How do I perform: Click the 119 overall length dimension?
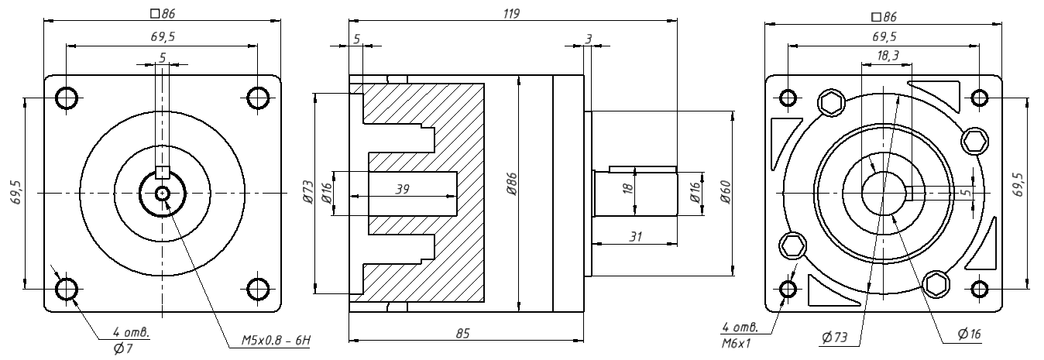click(511, 13)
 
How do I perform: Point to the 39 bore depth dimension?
click(402, 189)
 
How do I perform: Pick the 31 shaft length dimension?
click(634, 237)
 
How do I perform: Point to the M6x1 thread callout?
click(736, 341)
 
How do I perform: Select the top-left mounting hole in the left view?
click(67, 98)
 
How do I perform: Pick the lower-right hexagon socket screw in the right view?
click(936, 284)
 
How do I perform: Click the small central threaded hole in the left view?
click(163, 193)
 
